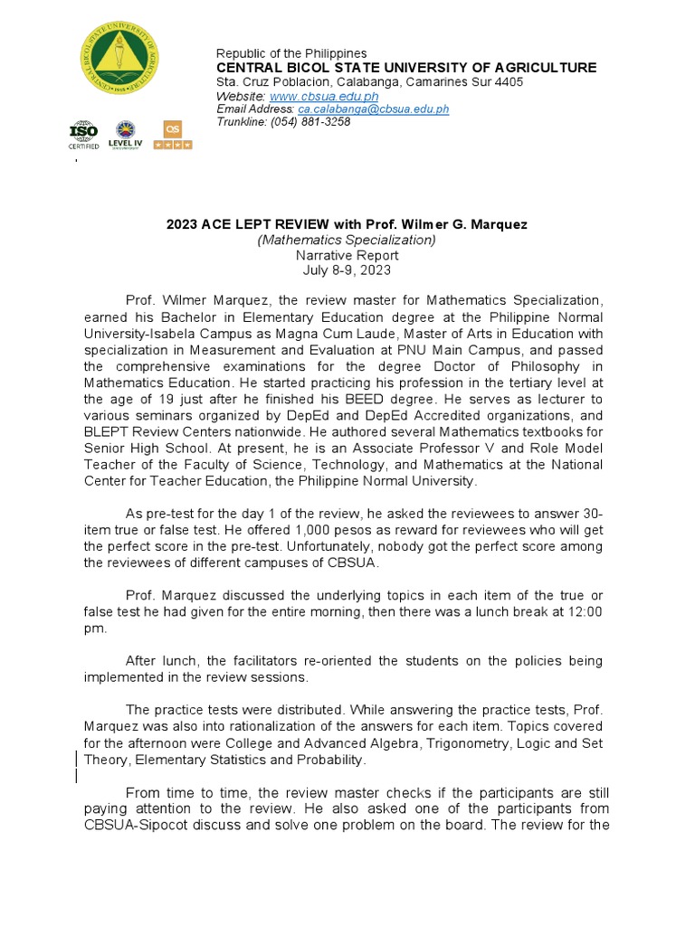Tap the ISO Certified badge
[83, 136]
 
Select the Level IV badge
[126, 135]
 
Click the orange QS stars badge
[172, 135]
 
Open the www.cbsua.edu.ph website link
[324, 96]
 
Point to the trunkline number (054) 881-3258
[310, 122]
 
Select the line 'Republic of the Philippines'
[290, 54]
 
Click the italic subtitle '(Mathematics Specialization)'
[347, 240]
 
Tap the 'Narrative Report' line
[347, 255]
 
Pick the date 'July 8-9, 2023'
[347, 269]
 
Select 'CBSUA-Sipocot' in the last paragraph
[129, 825]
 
